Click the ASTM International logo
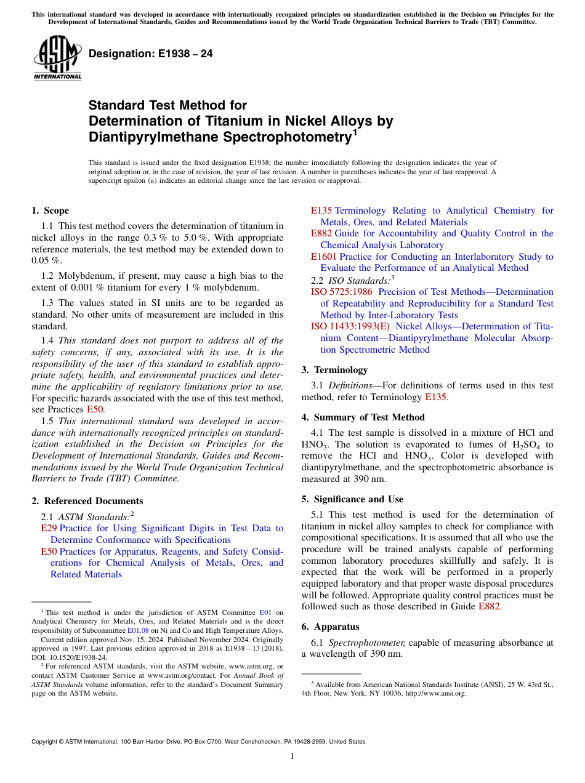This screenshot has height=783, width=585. (57, 58)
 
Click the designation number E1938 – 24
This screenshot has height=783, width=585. (151, 54)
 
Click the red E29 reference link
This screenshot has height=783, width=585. (48, 528)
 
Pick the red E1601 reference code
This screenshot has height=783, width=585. (323, 257)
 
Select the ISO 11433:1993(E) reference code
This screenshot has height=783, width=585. (350, 326)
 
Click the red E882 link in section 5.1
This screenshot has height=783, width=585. (489, 607)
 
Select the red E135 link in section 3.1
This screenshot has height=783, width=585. (435, 398)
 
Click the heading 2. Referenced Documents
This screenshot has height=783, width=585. (87, 501)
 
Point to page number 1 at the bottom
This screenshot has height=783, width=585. (292, 757)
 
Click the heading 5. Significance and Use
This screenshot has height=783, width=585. (352, 499)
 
